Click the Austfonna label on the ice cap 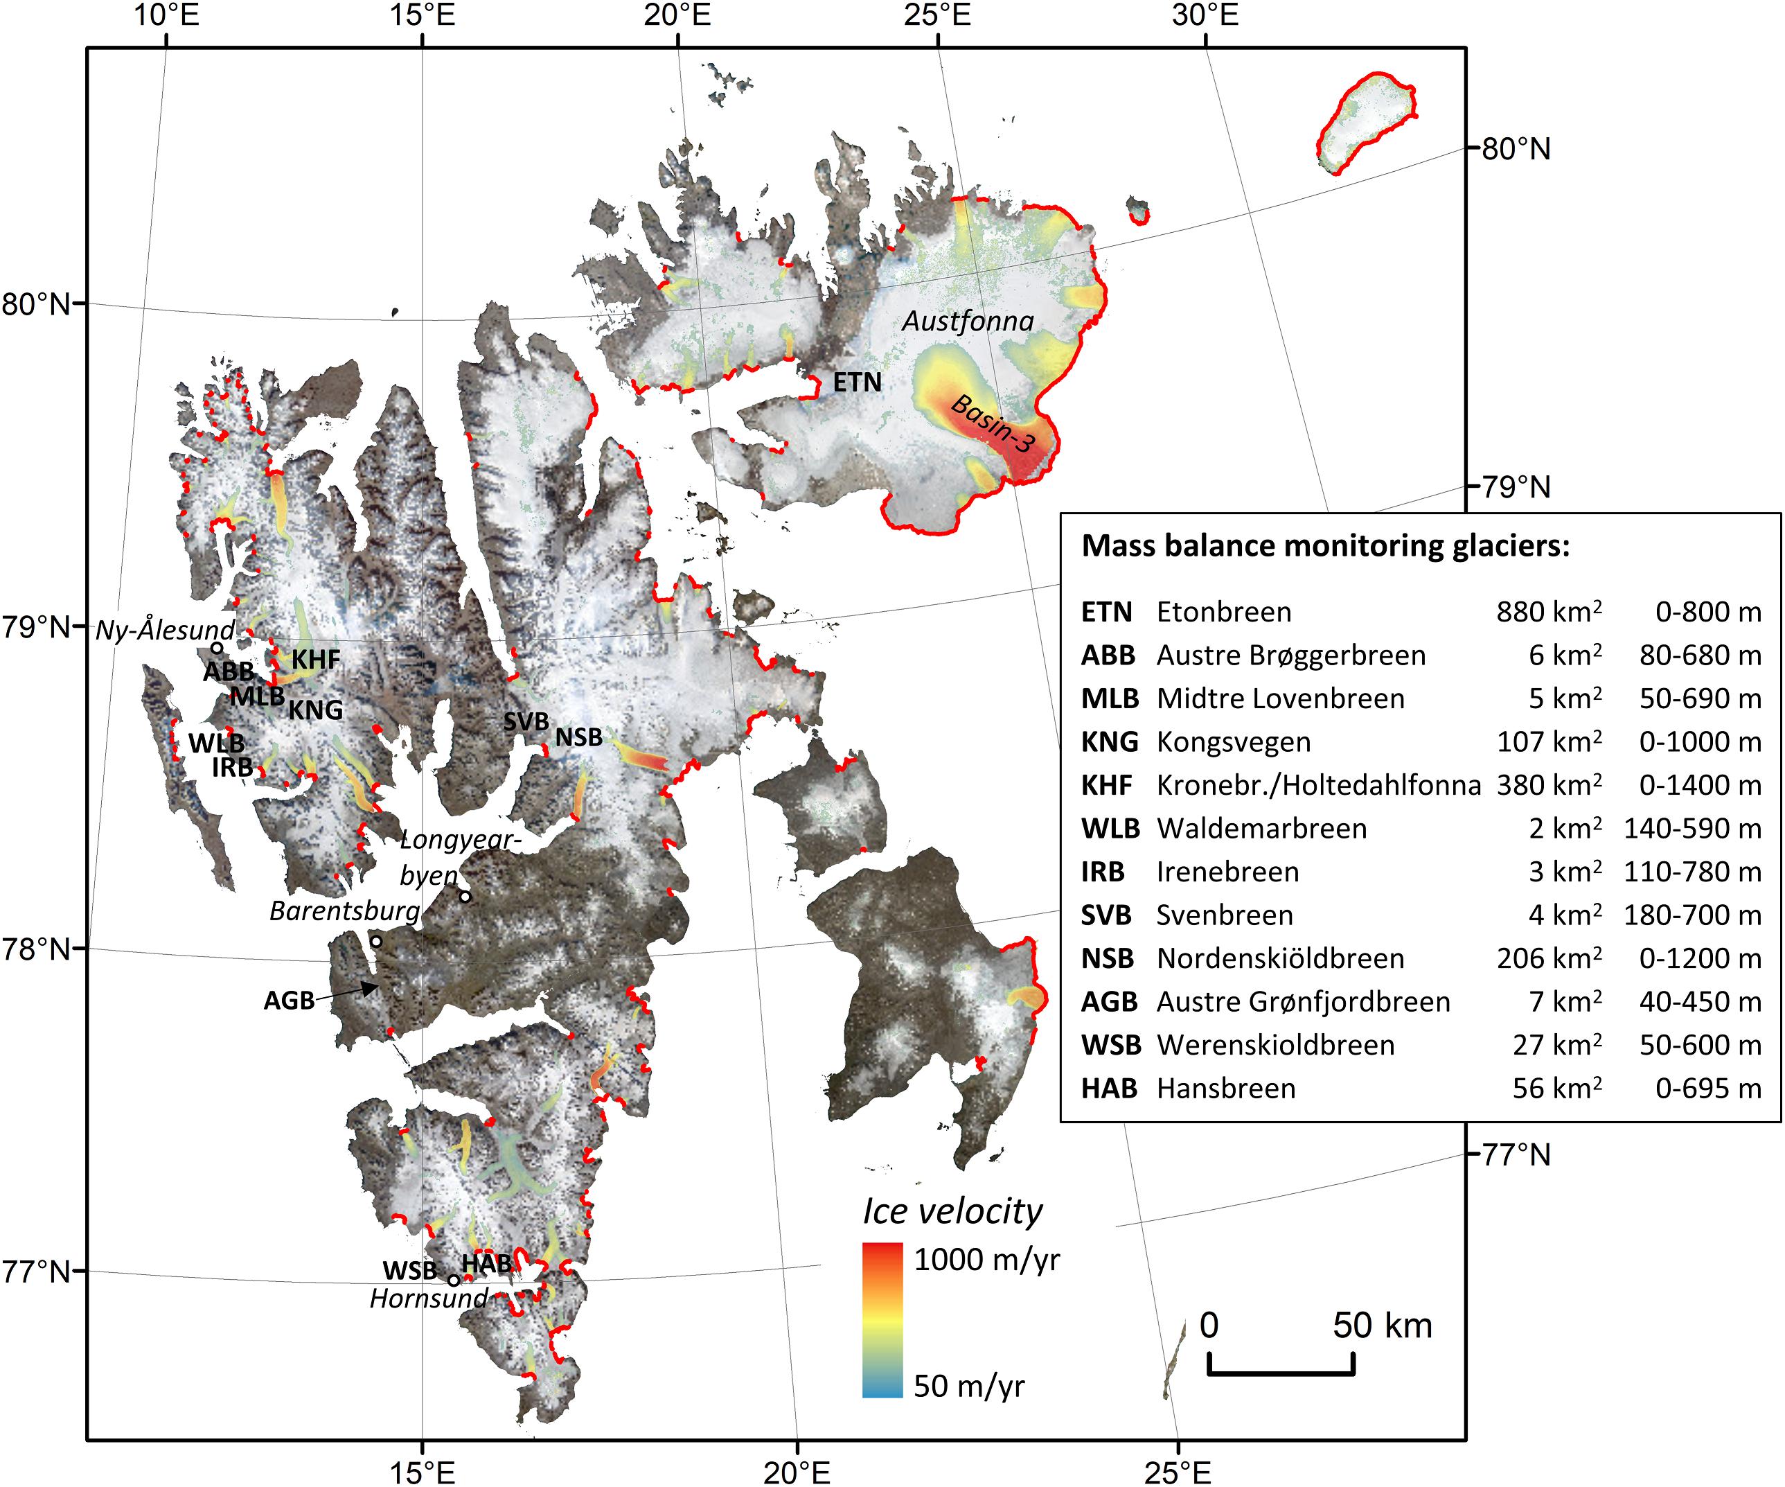(967, 322)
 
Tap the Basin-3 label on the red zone (992, 423)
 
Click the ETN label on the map (857, 382)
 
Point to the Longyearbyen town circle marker (465, 896)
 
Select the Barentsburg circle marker (375, 941)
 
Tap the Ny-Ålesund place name (165, 630)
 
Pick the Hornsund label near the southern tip (428, 1299)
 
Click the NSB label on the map (579, 737)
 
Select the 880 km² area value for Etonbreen (1549, 612)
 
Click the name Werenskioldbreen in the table (1275, 1045)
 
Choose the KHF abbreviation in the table (1106, 785)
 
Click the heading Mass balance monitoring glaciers (1325, 546)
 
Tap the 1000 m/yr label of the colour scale (987, 1259)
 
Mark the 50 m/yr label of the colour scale (969, 1386)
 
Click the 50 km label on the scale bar (1382, 1326)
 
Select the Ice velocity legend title (952, 1211)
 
